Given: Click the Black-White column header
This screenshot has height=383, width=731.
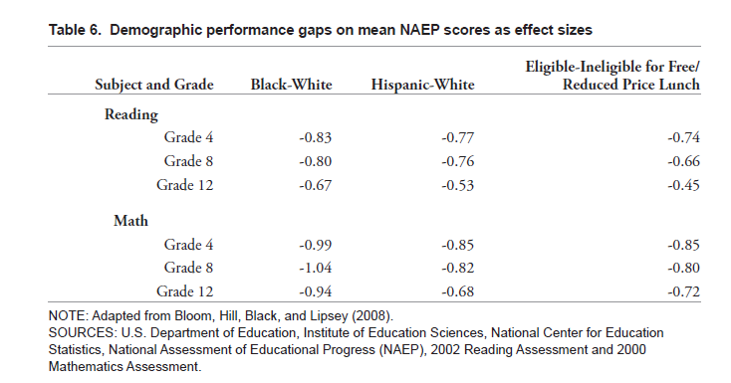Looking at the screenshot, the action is tap(292, 85).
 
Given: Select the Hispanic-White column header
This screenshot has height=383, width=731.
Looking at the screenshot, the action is tap(423, 85).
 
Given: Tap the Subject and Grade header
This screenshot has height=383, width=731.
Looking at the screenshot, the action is tap(154, 85).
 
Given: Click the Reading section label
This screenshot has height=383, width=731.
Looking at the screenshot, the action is tap(131, 114).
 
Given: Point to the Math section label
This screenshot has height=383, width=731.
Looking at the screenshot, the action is tap(130, 221).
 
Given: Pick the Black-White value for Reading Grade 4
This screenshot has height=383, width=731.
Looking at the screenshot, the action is tap(315, 137).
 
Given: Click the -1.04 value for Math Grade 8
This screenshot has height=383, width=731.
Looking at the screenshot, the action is tap(315, 268).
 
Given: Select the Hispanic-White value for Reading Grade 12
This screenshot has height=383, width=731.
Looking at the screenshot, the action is tap(458, 185).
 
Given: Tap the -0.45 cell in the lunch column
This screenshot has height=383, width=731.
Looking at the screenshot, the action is tap(683, 185).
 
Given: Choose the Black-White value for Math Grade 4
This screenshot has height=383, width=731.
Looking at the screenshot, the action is tap(315, 245).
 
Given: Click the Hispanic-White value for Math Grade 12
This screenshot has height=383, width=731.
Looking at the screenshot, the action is tap(458, 291).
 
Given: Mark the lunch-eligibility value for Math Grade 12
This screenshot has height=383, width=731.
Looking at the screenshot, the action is tap(683, 291).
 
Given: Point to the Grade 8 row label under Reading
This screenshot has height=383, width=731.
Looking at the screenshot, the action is tap(188, 161).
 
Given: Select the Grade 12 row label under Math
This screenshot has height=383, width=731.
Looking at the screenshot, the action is tap(184, 291).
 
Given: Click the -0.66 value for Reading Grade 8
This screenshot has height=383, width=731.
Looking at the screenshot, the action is tap(683, 161).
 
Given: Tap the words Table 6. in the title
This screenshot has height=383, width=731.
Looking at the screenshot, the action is tap(75, 30).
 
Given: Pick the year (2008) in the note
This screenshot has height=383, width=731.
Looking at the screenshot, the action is tap(372, 316).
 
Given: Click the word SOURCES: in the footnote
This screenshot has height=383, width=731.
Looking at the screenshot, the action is tap(83, 332).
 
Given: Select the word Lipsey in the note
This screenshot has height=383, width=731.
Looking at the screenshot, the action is tap(329, 316).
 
